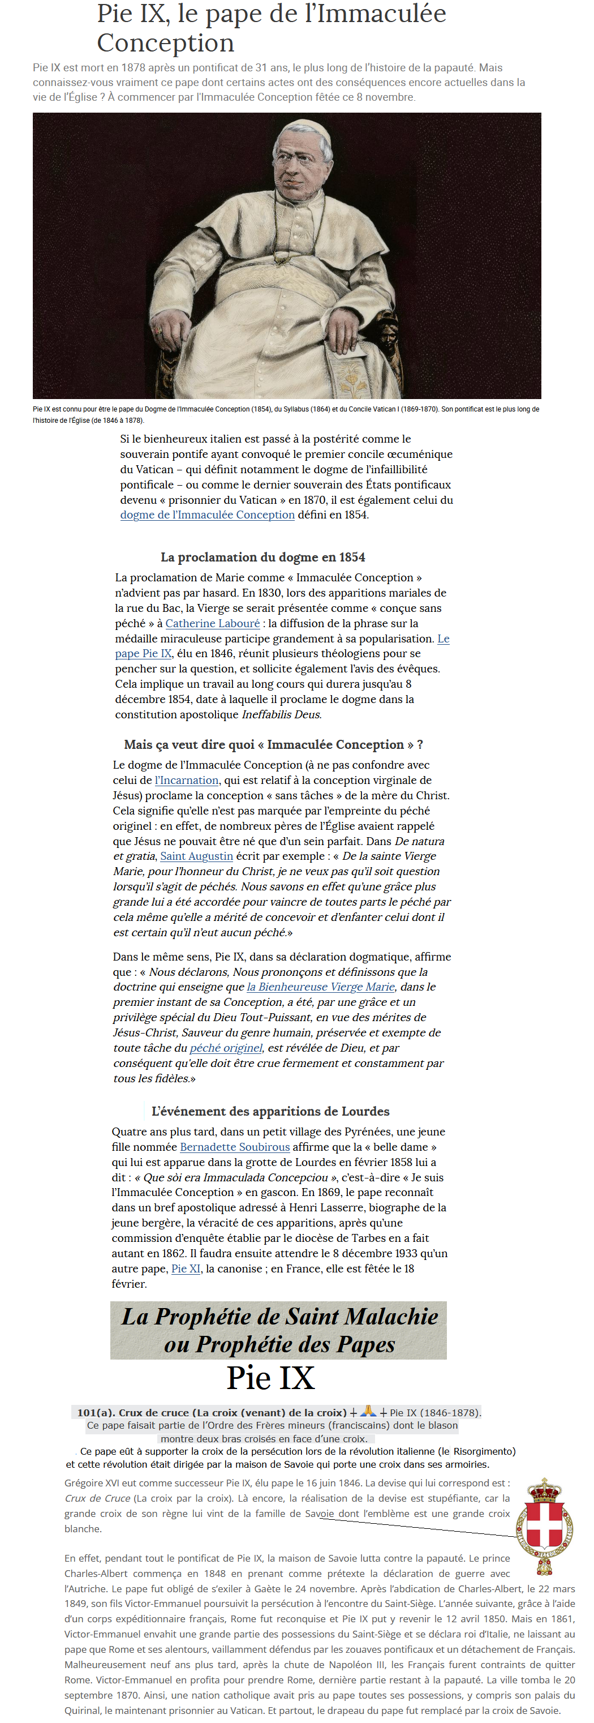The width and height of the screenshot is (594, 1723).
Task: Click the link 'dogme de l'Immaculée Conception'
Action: (x=207, y=515)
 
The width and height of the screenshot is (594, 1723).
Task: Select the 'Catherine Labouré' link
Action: (x=213, y=623)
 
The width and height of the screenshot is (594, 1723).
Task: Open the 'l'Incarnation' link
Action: (x=187, y=780)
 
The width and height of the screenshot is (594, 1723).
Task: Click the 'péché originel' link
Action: (x=226, y=1048)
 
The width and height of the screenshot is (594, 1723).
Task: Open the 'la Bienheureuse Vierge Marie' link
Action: (x=321, y=987)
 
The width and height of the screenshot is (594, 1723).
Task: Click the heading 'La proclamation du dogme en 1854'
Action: (x=262, y=557)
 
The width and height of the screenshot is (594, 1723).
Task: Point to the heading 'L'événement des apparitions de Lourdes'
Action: (x=270, y=1111)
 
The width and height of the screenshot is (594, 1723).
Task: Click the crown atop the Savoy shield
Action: (x=545, y=1490)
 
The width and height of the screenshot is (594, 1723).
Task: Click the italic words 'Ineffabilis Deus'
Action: (x=281, y=714)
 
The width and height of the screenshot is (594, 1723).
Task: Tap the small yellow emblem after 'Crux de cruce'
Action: (x=368, y=1411)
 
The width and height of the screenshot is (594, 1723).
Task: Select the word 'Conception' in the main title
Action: (x=166, y=43)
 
